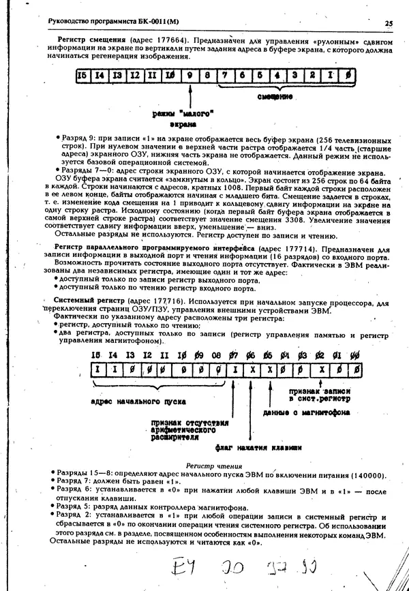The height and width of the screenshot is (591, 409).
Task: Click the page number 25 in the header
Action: click(388, 22)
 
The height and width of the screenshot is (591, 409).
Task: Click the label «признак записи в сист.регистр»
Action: click(320, 395)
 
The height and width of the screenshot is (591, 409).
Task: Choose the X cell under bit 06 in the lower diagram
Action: click(252, 369)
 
